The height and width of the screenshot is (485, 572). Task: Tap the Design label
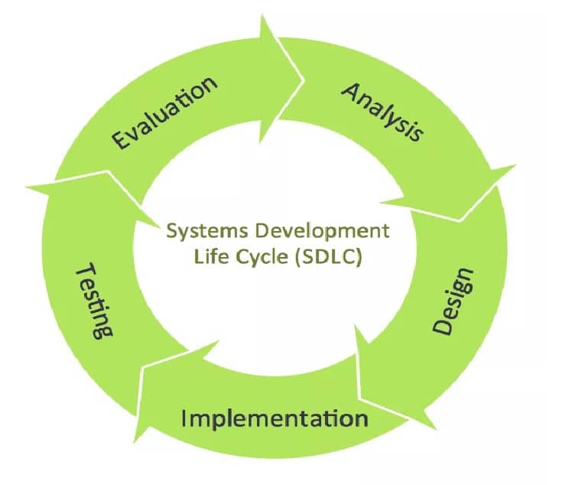click(x=454, y=301)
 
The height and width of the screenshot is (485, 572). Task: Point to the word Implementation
click(x=275, y=418)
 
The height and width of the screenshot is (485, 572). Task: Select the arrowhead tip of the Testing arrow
click(x=28, y=184)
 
